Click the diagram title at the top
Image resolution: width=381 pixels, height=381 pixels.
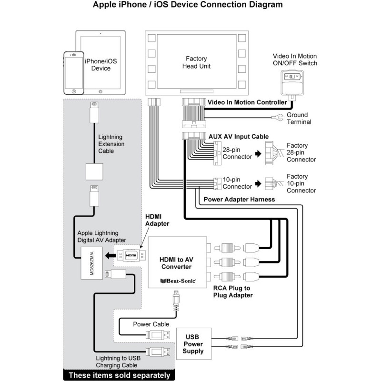tap(190, 6)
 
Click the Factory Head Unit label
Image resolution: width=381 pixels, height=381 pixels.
tap(196, 62)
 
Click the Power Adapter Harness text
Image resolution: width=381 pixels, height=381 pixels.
tap(239, 199)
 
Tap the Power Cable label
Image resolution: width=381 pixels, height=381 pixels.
tap(151, 324)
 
